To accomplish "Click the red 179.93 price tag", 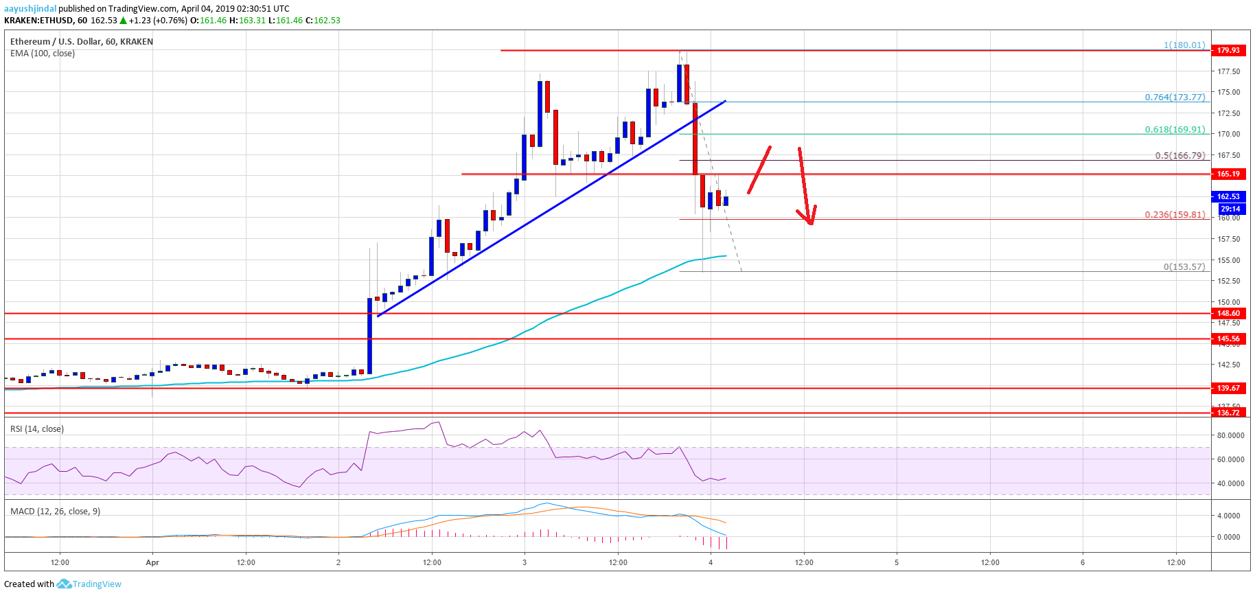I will point(1228,50).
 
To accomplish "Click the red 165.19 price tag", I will point(1228,174).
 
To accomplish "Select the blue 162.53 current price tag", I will point(1228,196).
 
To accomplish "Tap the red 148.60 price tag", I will point(1228,313).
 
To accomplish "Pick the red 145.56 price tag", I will point(1228,339).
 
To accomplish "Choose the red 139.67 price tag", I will point(1228,388).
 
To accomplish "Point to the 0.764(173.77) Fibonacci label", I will point(1175,97).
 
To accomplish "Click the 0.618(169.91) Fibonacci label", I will point(1175,129).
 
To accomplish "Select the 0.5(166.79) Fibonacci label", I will point(1179,155).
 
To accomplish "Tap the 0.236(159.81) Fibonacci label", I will point(1175,214).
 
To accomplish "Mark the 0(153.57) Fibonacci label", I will point(1184,266).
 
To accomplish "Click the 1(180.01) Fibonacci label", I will point(1184,45).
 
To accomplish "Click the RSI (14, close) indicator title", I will point(37,429).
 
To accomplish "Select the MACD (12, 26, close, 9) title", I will point(55,512).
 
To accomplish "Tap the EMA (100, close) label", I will point(43,54).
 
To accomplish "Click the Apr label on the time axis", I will point(152,562).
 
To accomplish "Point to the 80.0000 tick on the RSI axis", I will point(1230,435).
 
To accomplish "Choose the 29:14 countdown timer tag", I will point(1230,209).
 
